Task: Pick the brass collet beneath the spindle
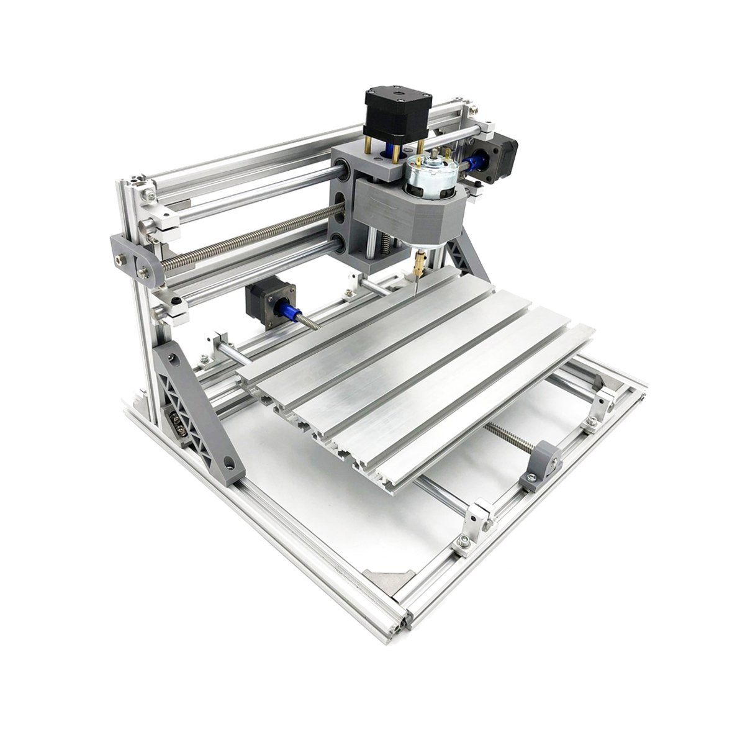point(420,258)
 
